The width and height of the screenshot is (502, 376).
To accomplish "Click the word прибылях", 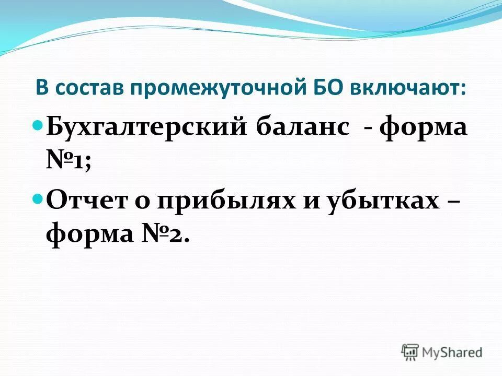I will click(223, 202).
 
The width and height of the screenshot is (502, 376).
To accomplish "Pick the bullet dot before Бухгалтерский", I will click(38, 126).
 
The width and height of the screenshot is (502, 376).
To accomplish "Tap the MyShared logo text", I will click(452, 352).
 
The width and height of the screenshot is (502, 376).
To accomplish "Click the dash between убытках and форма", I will click(453, 202).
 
